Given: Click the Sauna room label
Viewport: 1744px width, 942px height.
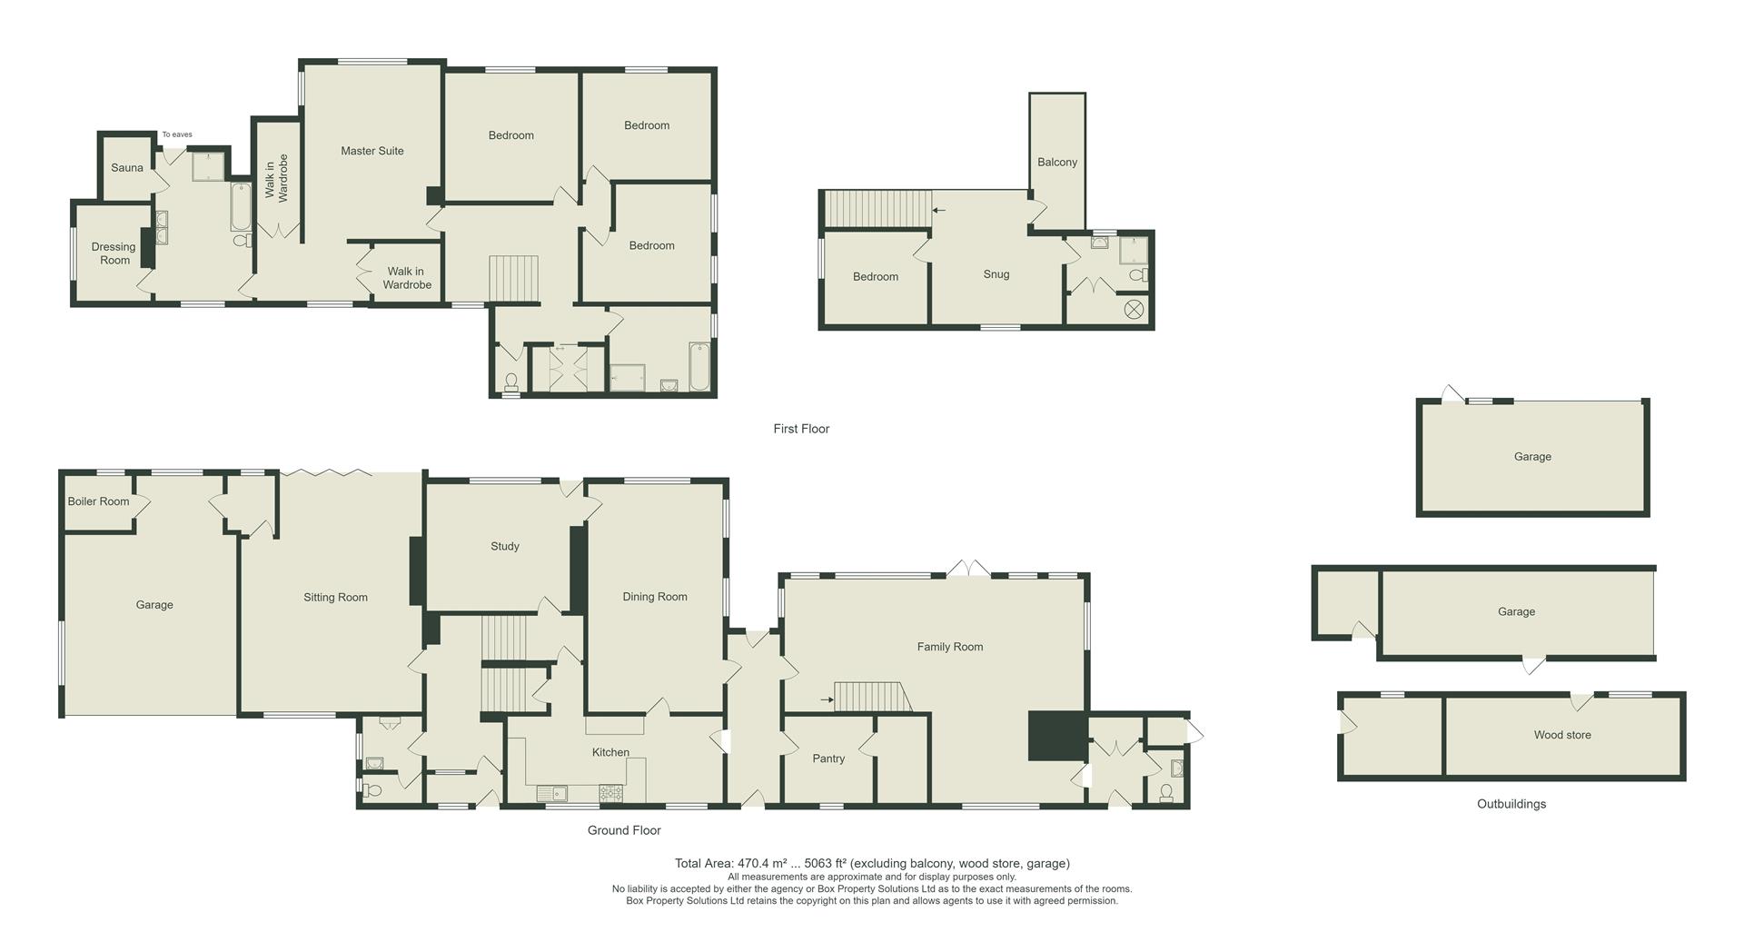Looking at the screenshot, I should (x=127, y=168).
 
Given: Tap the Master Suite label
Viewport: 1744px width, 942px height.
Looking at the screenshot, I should (x=372, y=151).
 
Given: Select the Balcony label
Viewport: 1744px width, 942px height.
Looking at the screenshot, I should (x=1057, y=163).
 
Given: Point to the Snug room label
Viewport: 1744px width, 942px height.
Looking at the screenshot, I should (x=996, y=274).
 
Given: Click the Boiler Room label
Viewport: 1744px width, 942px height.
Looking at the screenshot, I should (x=98, y=501).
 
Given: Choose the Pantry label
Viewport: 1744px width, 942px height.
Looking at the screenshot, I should (x=828, y=759).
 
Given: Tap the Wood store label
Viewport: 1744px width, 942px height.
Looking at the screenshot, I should (x=1561, y=735).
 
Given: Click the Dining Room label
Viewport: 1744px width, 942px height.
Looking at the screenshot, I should (x=654, y=597).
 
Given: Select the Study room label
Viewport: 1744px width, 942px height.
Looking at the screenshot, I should (x=504, y=547).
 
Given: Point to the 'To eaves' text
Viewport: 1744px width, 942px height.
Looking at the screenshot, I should (x=177, y=134).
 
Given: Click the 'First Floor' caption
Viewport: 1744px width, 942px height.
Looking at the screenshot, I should (x=801, y=429).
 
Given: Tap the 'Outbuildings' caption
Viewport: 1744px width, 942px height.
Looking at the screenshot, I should (x=1511, y=804).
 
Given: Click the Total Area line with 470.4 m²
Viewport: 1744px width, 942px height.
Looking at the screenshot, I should (x=871, y=864).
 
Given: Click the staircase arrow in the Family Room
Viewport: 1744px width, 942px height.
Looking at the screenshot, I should (x=826, y=699).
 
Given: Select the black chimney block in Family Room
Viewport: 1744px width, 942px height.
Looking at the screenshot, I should (x=1056, y=735).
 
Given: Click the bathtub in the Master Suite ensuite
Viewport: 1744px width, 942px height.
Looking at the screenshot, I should (x=241, y=207).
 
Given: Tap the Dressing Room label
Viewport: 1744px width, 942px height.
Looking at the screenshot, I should (x=114, y=253).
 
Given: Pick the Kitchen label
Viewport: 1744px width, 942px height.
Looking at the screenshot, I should (x=610, y=752).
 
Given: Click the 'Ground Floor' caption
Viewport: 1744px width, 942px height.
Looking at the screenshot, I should (x=623, y=830).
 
